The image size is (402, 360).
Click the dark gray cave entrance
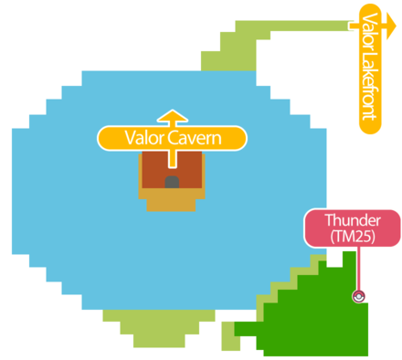(172, 182)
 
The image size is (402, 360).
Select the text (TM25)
(351, 237)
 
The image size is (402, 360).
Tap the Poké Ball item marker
(359, 295)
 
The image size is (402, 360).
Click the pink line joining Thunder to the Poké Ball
(358, 270)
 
